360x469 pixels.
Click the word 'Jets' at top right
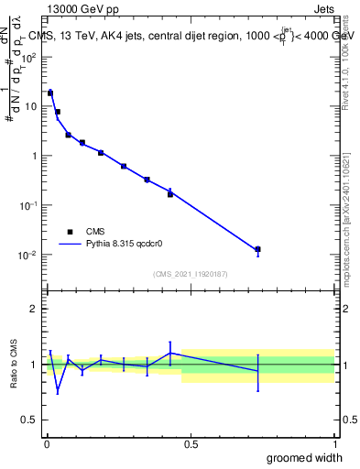[x=322, y=10]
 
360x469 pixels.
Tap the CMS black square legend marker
[x=69, y=232]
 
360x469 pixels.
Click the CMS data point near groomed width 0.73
[x=258, y=249]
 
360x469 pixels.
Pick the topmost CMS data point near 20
[x=50, y=93]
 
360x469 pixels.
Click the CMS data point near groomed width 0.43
[x=170, y=193]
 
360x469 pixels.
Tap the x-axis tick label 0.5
[x=191, y=444]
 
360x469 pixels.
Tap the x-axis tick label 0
[x=47, y=444]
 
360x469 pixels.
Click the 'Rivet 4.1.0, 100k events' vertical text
[x=349, y=57]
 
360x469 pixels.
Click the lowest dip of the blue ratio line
[x=58, y=392]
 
